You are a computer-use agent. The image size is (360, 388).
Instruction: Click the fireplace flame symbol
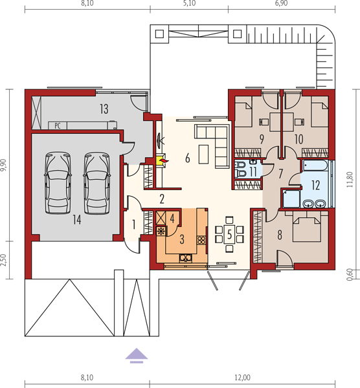164,161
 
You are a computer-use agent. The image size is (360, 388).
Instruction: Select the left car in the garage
58,182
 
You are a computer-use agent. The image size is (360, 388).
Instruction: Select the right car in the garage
97,182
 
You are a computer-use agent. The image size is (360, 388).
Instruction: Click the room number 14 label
77,220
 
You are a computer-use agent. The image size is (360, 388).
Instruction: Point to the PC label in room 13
58,126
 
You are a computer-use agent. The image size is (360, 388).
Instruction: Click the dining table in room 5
229,234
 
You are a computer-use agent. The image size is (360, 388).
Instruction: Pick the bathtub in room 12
315,166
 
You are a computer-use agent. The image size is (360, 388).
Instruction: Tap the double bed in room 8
307,226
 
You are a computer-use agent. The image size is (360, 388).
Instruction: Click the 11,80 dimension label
350,179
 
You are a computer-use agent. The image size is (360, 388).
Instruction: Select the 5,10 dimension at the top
189,3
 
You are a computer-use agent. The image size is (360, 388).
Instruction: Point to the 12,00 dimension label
242,378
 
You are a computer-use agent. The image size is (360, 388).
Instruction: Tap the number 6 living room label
188,158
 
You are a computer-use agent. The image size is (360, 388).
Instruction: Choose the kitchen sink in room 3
186,258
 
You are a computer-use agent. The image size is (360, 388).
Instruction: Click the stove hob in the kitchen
201,241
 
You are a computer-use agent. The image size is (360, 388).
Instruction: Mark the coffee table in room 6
203,154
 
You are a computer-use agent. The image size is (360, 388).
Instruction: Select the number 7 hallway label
280,174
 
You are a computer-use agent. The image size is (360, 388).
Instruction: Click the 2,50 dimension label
3,261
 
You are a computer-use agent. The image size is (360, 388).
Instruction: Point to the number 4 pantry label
172,219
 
